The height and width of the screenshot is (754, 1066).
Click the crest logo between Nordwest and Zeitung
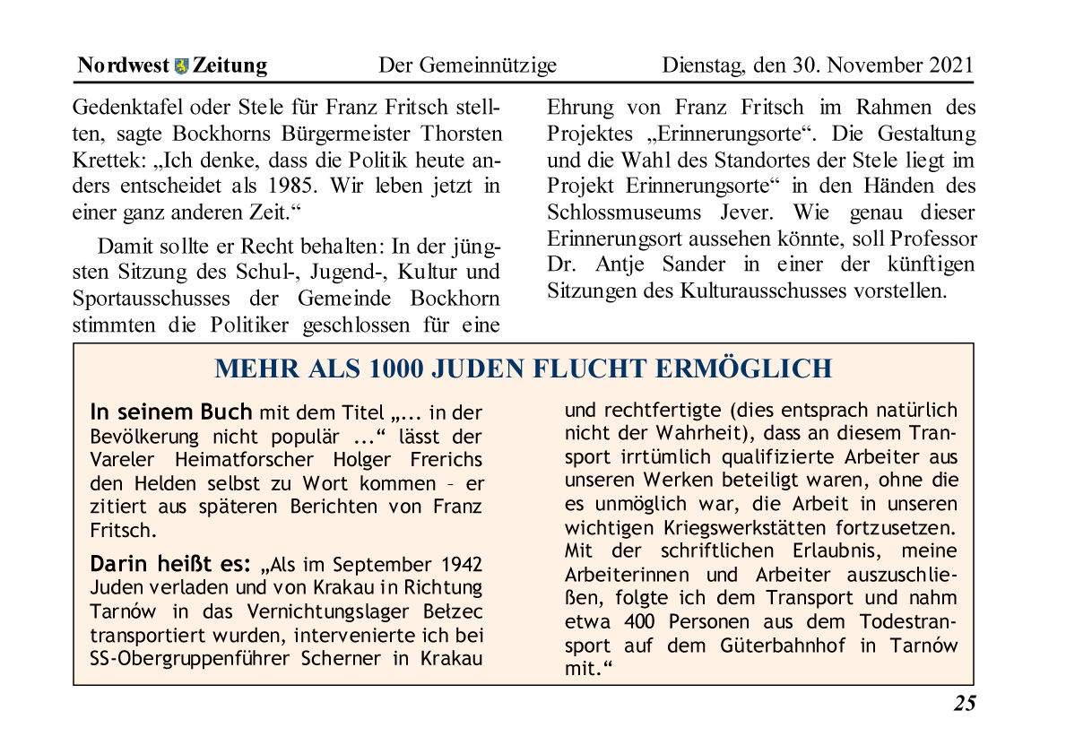coord(183,65)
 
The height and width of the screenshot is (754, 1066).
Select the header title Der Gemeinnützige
coord(467,65)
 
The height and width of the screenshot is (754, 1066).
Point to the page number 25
coord(964,703)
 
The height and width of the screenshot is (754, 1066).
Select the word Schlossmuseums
coord(613,213)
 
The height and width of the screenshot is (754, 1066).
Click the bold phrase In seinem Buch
coord(171,412)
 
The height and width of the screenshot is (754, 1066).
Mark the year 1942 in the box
coord(461,565)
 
